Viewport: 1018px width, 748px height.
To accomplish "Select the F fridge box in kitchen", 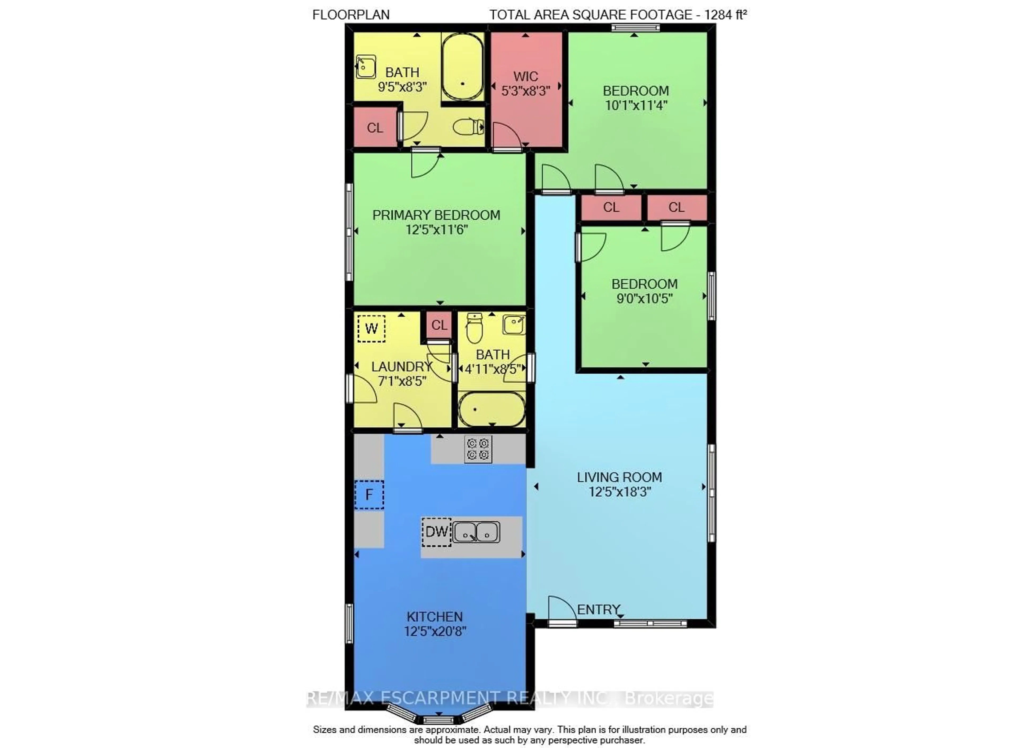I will [369, 495].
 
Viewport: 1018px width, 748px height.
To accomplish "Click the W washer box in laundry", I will [371, 328].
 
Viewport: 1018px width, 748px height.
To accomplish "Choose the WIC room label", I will [525, 77].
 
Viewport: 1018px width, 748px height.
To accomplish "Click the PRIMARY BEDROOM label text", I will [436, 215].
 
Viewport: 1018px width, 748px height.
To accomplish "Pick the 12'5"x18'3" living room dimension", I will [619, 492].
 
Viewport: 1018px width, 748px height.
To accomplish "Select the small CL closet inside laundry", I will [438, 325].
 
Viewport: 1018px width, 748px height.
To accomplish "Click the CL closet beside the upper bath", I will [375, 128].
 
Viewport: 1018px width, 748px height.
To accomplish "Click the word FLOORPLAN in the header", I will [351, 15].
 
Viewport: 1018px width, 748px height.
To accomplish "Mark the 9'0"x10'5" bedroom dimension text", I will [644, 299].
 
